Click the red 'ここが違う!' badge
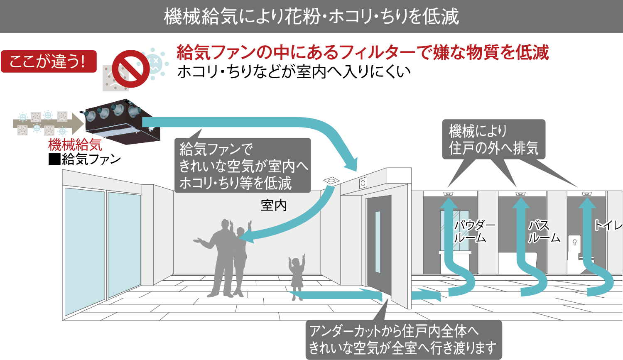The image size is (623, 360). (x=49, y=61)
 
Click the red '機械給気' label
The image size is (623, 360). (x=75, y=145)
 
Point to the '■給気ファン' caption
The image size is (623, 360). (x=85, y=159)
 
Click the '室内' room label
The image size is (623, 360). (x=274, y=206)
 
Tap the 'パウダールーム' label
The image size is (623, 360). (x=474, y=232)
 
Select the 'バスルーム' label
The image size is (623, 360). (x=544, y=232)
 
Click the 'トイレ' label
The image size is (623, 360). (x=608, y=225)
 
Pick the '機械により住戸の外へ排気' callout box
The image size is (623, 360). (x=494, y=139)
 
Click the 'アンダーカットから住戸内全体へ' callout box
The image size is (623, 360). (x=404, y=340)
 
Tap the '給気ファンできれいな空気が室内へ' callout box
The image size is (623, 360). (x=243, y=165)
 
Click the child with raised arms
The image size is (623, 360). (x=297, y=277)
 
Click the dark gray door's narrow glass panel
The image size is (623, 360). (x=378, y=242)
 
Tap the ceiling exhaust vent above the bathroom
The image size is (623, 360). (x=520, y=193)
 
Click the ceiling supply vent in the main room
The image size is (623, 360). (x=331, y=181)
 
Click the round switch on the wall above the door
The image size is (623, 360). (x=363, y=183)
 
